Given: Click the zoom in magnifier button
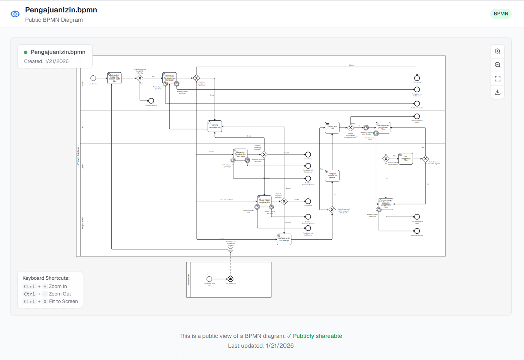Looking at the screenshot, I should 497,51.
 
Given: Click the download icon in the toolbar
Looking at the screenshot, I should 497,92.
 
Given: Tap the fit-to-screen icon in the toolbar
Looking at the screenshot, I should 497,79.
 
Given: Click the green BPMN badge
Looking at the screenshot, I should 501,14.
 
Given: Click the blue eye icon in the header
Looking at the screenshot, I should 15,14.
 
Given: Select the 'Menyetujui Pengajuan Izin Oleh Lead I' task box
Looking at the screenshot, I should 169,78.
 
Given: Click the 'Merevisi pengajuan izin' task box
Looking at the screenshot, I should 215,126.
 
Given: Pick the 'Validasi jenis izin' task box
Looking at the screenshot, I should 332,127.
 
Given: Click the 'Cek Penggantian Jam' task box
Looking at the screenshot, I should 406,159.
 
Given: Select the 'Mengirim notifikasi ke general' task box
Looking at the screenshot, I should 332,175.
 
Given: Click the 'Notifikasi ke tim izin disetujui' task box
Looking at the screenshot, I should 284,239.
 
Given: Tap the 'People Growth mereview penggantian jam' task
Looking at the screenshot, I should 386,204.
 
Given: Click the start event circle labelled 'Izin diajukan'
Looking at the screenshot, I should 93,78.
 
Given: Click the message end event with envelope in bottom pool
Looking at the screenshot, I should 231,279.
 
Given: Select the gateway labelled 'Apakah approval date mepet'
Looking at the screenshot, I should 332,210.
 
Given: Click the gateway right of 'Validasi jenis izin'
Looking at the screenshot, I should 350,128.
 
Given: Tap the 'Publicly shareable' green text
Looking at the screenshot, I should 317,336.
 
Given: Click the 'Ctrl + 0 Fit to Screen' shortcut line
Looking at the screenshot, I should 51,301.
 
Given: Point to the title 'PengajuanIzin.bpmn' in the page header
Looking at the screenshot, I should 61,10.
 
